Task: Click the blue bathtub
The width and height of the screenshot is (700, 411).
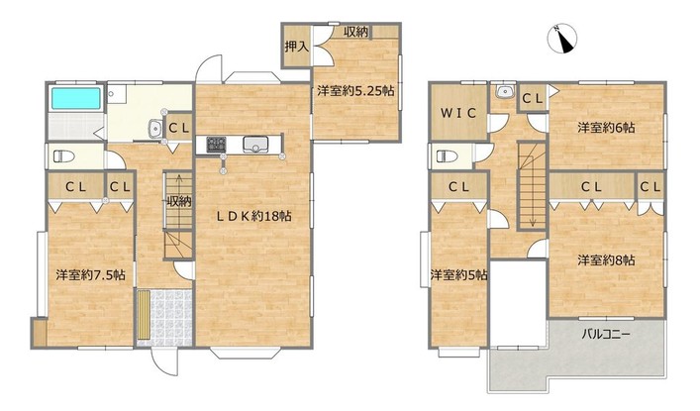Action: point(76,98)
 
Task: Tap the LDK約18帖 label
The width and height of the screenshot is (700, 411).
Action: point(254,216)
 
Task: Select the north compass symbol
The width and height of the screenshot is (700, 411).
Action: point(562,39)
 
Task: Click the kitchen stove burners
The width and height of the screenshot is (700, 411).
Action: point(216,145)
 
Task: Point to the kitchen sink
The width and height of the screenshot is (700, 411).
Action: point(255,145)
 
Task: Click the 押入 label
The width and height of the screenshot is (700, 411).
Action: point(297,46)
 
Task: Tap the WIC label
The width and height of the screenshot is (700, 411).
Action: point(458,113)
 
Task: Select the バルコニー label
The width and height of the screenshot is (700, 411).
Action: point(606,334)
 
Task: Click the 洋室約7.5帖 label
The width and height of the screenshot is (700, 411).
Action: point(90,274)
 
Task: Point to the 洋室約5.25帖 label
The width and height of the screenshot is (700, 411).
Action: point(355,91)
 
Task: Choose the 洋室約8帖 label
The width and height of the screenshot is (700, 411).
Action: point(606,260)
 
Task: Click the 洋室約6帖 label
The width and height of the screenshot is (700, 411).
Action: point(606,128)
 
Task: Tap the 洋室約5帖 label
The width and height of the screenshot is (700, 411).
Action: point(458,274)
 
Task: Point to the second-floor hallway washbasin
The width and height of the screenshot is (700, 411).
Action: point(505,91)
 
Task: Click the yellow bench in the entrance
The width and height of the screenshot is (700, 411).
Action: point(145,315)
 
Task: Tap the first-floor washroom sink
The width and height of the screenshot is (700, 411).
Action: point(154,130)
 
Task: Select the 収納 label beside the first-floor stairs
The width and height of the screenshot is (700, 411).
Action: point(179,201)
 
